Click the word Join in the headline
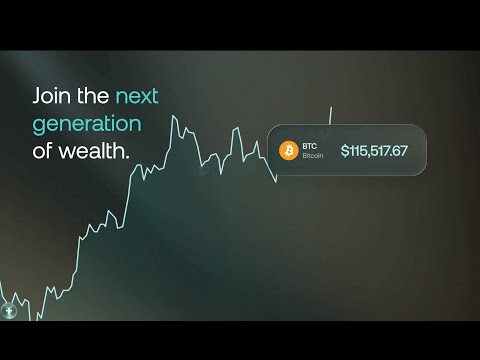tap(51, 98)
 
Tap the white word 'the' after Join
tap(93, 98)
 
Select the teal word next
tap(138, 98)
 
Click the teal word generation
tap(87, 126)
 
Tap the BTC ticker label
tap(308, 145)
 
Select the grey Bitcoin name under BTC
tap(314, 157)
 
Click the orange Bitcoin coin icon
tap(289, 151)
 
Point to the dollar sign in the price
tap(345, 151)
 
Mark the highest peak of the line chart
tap(174, 116)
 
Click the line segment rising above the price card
tap(330, 115)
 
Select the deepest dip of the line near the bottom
tap(41, 317)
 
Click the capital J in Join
tap(38, 98)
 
